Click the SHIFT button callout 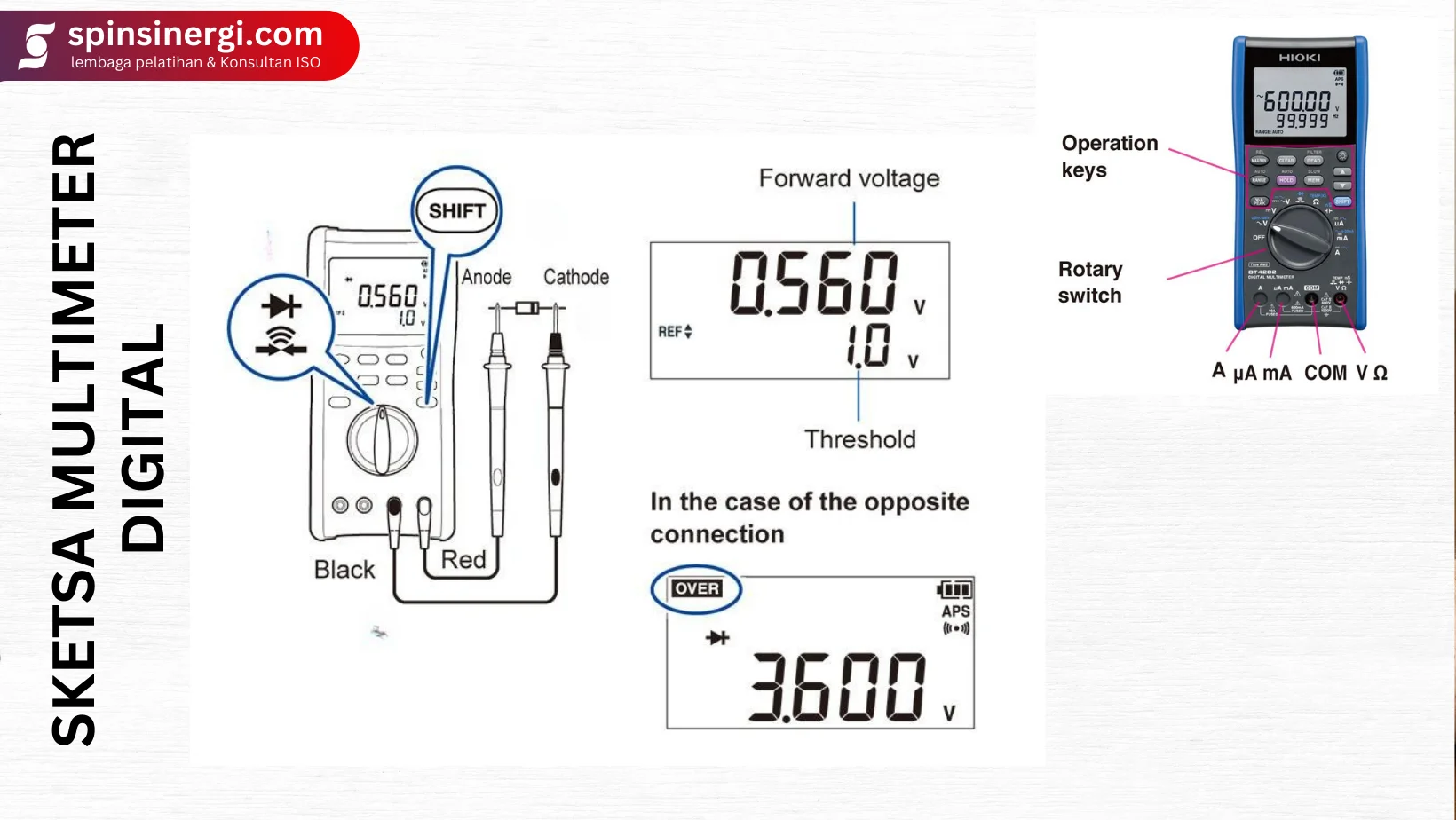point(456,211)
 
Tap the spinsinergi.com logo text point(195,35)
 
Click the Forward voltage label point(849,178)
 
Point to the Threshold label point(859,439)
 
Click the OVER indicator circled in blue point(697,588)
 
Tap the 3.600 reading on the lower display point(838,687)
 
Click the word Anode point(487,277)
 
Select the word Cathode point(576,277)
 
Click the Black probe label point(344,570)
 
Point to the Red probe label point(463,560)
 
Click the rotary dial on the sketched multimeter point(382,440)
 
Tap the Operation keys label point(1109,156)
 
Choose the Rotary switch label point(1090,282)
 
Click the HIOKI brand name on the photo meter point(1300,58)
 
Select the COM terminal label point(1325,373)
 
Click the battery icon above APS point(954,589)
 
